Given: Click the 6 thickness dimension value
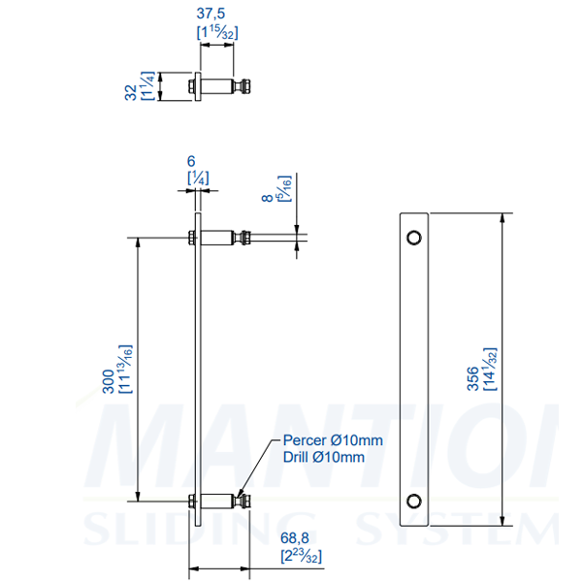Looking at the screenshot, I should point(191,163).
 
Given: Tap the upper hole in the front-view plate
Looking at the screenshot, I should point(414,237).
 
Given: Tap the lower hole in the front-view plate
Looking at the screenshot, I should point(414,501).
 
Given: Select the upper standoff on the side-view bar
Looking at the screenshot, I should point(223,237).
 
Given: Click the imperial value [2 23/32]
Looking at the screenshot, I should point(301,556).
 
